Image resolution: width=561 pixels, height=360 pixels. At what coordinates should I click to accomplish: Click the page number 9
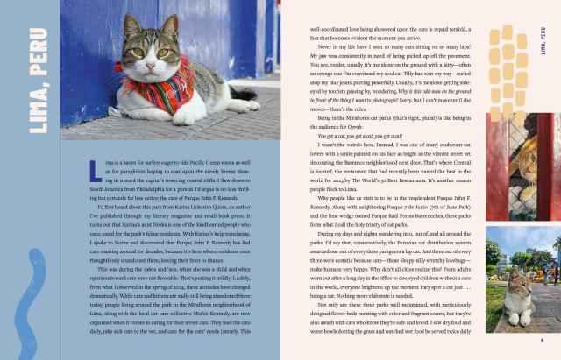pyautogui.click(x=542, y=342)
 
